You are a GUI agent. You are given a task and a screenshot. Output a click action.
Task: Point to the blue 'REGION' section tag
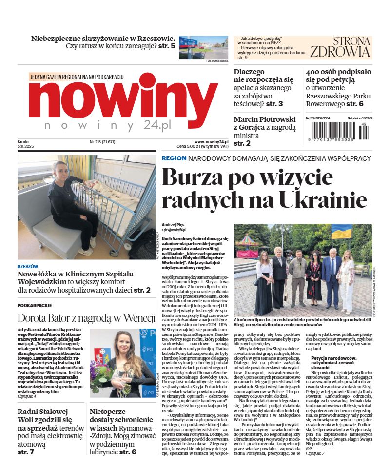click(x=174, y=158)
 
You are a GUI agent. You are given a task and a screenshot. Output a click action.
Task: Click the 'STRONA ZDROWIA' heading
click(x=347, y=47)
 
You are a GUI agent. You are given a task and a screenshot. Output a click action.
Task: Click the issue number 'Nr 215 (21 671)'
click(x=101, y=142)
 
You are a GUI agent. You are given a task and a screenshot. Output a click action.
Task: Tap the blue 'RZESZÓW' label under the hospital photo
click(x=27, y=267)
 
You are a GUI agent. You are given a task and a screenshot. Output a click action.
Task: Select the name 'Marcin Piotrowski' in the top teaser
click(x=265, y=119)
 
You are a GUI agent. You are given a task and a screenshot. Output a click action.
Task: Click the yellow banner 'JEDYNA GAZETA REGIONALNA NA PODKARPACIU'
click(x=77, y=77)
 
